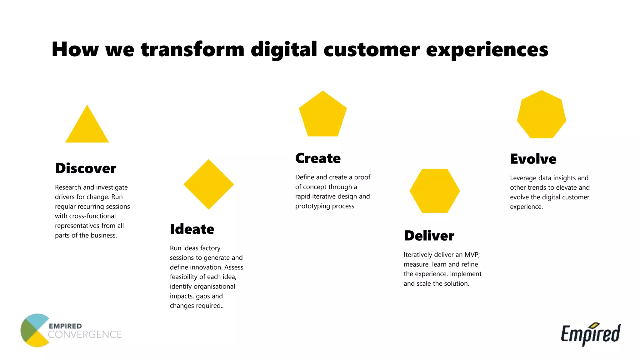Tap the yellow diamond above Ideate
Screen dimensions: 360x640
tap(209, 184)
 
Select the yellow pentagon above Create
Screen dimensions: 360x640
tap(323, 116)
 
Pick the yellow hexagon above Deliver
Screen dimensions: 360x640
tap(435, 191)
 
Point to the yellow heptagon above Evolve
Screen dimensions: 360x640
tap(542, 115)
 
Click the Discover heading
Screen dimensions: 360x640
tap(86, 168)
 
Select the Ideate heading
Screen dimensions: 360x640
tap(192, 229)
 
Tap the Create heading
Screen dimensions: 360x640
tap(318, 158)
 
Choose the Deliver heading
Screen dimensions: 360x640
tap(429, 236)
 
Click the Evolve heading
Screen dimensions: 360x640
tap(533, 159)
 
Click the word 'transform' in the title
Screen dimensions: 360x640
tap(192, 49)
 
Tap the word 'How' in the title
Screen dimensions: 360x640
tap(75, 49)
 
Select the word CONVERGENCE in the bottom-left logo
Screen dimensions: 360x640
tap(85, 335)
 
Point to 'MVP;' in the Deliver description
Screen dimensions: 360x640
tap(472, 255)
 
